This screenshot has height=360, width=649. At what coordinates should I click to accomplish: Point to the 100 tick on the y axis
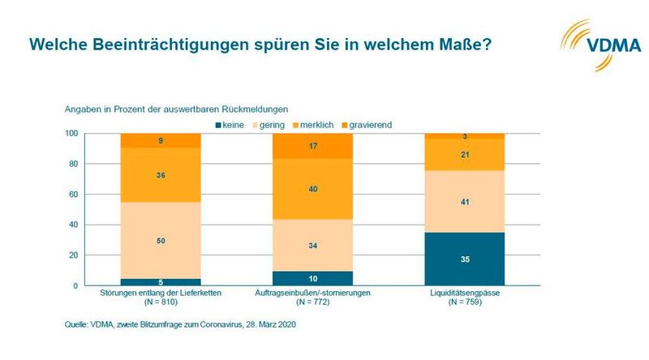71,134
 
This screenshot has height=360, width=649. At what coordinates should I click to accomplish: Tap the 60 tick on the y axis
72,195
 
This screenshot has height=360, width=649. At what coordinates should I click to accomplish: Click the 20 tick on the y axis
72,255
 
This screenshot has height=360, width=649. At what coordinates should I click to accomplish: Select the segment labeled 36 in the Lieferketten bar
161,174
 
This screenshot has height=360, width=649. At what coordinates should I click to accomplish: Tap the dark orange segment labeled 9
161,140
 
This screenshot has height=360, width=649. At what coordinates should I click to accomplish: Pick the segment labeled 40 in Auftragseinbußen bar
312,188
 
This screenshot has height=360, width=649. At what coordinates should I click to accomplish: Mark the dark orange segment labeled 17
312,147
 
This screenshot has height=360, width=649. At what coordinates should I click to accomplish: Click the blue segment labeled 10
312,278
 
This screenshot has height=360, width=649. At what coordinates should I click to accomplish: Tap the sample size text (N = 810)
161,302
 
